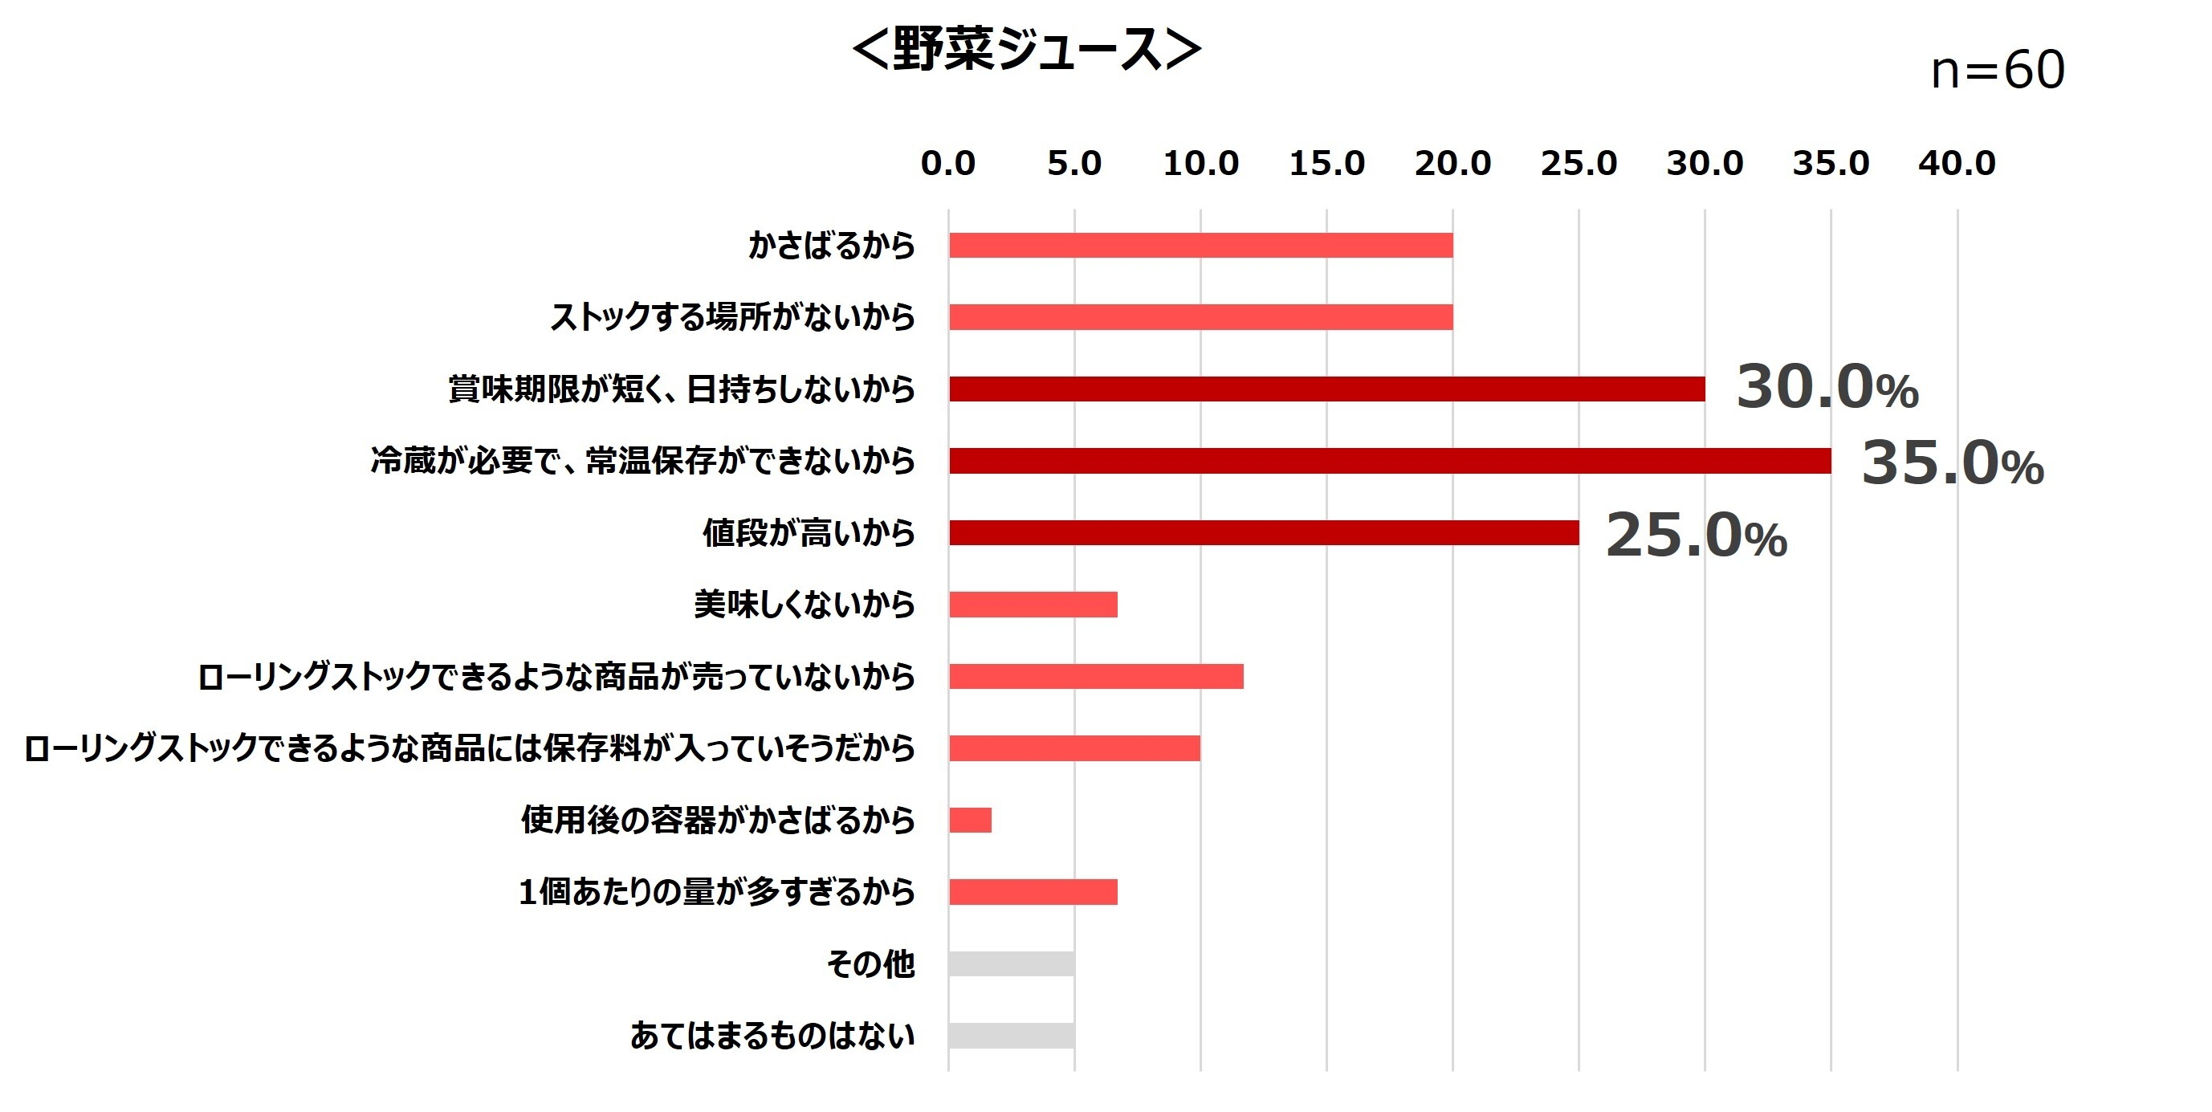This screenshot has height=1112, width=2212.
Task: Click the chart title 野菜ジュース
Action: [1026, 50]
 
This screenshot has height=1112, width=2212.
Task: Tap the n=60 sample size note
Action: [1998, 71]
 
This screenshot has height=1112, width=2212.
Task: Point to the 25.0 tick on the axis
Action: [1579, 163]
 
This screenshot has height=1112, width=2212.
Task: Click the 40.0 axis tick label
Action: [1957, 163]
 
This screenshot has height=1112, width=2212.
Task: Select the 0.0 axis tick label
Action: [948, 163]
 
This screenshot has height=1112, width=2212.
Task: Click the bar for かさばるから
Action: [1200, 246]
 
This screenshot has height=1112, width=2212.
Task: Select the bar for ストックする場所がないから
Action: [1200, 318]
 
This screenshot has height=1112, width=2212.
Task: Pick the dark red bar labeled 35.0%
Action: [1389, 461]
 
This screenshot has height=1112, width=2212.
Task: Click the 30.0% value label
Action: [1827, 387]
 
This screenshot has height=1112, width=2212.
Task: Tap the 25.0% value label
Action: [1696, 536]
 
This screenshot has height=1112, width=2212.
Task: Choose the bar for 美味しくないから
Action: [1033, 605]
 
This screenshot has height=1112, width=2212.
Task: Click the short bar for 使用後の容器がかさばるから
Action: [971, 820]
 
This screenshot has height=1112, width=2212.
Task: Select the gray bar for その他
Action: [1012, 963]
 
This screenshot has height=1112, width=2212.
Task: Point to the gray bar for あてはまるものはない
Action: [1012, 1036]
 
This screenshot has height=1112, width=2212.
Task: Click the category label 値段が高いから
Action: [809, 533]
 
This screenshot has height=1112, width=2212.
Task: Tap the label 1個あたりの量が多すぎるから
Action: [717, 892]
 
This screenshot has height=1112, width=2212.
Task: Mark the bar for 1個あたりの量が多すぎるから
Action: [1033, 892]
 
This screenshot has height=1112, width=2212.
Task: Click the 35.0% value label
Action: [1952, 464]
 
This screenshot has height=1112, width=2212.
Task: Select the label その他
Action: [870, 964]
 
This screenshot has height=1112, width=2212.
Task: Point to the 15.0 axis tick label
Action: [1326, 163]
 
